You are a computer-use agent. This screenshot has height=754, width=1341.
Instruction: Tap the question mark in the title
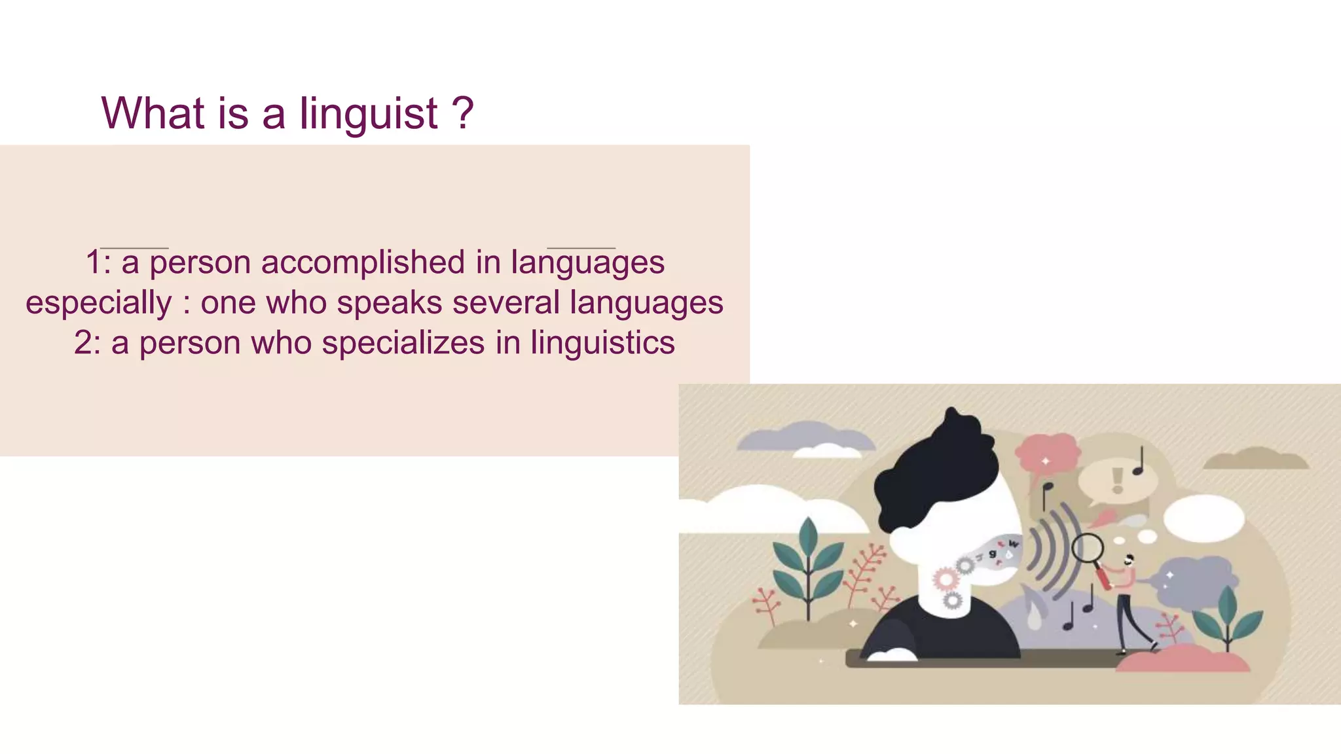[463, 113]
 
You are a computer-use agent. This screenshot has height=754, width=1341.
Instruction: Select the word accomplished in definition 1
[363, 262]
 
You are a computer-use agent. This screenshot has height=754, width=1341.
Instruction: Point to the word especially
[98, 303]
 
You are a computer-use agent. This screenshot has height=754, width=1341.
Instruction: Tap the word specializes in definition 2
[403, 343]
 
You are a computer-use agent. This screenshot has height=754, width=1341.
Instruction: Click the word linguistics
[602, 343]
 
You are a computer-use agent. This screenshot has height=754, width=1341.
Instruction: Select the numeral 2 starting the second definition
[83, 343]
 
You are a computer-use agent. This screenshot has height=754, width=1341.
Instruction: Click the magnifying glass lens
[1088, 548]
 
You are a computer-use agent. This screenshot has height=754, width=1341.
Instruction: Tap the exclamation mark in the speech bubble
[1118, 479]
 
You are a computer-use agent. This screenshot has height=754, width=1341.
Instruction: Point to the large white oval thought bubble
[1203, 517]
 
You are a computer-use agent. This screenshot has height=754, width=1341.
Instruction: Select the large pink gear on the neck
[946, 579]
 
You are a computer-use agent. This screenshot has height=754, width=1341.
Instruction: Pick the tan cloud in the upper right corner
[1256, 459]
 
